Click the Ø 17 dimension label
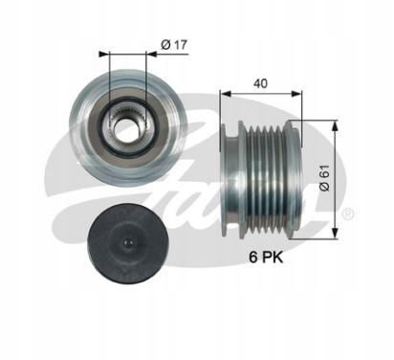coord(174,45)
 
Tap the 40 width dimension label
coord(260,83)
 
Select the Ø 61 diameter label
coord(324,178)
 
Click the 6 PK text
coord(266,258)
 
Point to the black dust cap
coord(128,244)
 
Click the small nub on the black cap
coord(127,243)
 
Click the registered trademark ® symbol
coord(348,214)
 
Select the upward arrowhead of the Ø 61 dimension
coord(335,125)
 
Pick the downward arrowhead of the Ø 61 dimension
coord(335,233)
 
